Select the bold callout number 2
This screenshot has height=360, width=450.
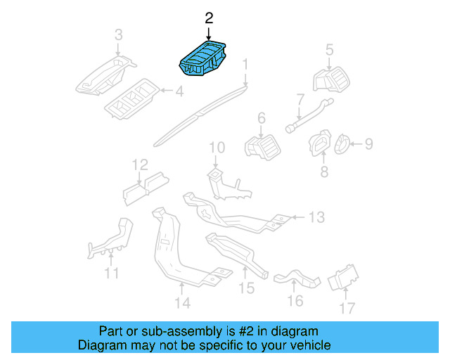tap(208, 18)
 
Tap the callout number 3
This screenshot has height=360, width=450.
tap(118, 34)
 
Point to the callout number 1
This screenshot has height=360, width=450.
tap(245, 67)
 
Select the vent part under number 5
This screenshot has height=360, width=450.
tap(330, 79)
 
